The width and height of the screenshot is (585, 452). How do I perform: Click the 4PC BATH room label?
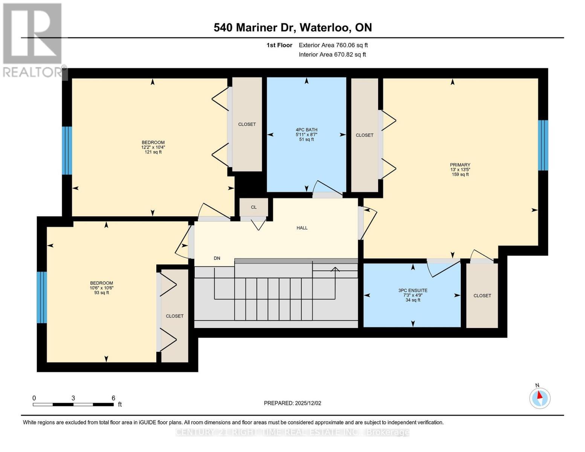pyautogui.click(x=306, y=130)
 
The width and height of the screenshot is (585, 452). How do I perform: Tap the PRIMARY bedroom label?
pyautogui.click(x=460, y=165)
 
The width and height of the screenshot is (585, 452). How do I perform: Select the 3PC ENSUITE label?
pyautogui.click(x=413, y=290)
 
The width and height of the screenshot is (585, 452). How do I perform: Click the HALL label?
pyautogui.click(x=302, y=228)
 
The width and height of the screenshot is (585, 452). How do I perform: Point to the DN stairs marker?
pyautogui.click(x=217, y=258)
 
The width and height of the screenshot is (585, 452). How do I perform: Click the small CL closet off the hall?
pyautogui.click(x=254, y=207)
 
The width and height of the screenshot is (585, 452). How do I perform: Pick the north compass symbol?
pyautogui.click(x=540, y=397)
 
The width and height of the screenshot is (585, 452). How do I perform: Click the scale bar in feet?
pyautogui.click(x=73, y=404)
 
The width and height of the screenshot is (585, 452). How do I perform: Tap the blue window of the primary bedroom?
pyautogui.click(x=543, y=145)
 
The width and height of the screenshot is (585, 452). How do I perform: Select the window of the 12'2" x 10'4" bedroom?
pyautogui.click(x=67, y=150)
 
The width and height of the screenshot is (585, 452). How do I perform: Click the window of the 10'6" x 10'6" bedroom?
pyautogui.click(x=41, y=297)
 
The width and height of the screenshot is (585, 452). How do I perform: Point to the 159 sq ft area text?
pyautogui.click(x=460, y=174)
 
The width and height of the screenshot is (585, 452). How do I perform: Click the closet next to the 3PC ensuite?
pyautogui.click(x=482, y=296)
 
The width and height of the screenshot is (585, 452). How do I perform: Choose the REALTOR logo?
pyautogui.click(x=32, y=40)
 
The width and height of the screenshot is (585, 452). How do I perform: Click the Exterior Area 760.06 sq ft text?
pyautogui.click(x=333, y=45)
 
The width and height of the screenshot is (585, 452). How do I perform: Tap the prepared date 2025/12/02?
pyautogui.click(x=292, y=403)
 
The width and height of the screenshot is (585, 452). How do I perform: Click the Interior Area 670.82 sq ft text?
pyautogui.click(x=332, y=55)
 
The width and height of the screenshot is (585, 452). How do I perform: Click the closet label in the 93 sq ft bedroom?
pyautogui.click(x=174, y=316)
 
